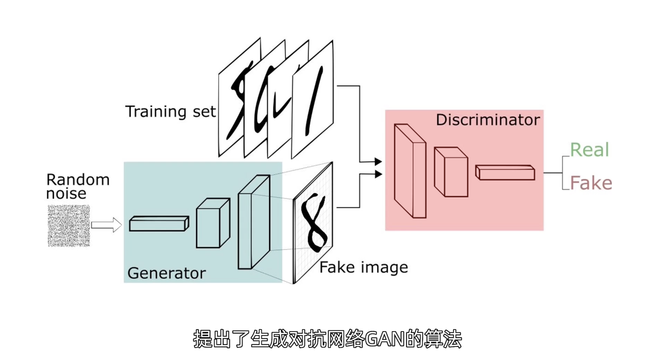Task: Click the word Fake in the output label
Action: click(591, 183)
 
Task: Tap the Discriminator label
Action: click(488, 120)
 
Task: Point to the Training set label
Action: click(170, 111)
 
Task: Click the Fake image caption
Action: click(364, 268)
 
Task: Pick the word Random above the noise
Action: click(78, 180)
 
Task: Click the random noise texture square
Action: click(69, 226)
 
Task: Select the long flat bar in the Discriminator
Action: click(505, 173)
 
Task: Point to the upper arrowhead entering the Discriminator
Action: click(378, 161)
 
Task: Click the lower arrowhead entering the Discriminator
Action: click(378, 174)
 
